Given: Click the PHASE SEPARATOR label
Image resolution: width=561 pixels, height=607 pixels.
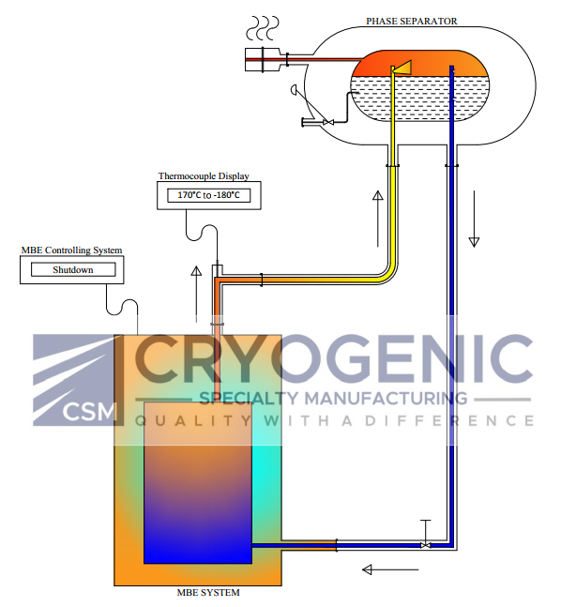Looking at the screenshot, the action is click(411, 22).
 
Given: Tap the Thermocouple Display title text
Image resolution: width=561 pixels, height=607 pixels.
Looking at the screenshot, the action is click(204, 176).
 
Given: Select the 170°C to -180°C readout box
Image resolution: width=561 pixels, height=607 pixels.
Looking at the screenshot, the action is click(208, 195).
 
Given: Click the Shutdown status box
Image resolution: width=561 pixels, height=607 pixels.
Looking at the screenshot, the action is click(73, 269).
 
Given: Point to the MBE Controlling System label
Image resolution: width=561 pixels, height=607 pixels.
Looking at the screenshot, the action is click(71, 250).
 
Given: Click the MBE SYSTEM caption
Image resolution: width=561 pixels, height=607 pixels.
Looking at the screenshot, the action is click(208, 593).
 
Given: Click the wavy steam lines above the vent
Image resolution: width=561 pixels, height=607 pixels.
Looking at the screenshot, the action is click(263, 28).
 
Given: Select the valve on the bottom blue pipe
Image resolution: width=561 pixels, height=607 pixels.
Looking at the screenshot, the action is click(426, 545).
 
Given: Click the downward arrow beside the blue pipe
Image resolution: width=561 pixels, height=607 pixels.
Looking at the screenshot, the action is click(474, 219).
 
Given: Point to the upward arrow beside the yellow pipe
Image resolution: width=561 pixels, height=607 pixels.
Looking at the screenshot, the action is click(378, 219).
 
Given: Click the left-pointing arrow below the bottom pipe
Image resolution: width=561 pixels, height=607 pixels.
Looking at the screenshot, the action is click(390, 569).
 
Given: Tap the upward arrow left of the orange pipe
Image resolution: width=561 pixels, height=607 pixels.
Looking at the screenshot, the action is click(196, 295).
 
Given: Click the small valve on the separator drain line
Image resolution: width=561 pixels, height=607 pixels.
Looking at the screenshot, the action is click(328, 122).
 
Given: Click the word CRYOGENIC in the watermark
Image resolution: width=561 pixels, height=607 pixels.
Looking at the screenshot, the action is click(334, 359).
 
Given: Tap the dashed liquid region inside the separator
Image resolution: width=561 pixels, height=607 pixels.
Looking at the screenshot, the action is click(419, 98).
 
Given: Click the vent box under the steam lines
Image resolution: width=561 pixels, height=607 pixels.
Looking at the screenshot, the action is click(262, 60).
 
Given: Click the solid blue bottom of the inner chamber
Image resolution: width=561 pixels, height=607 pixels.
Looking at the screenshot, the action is click(198, 542).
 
